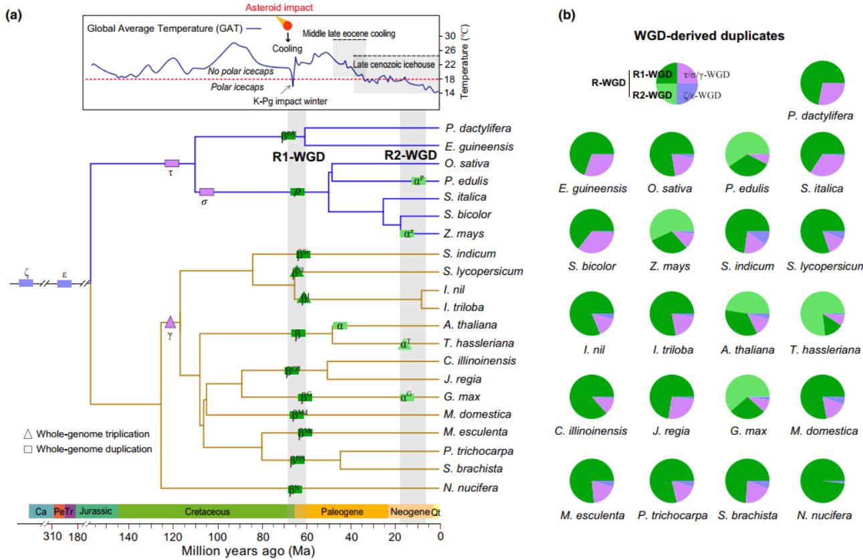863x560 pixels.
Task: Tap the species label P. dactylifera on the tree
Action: pos(475,128)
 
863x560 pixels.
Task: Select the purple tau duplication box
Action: pos(172,163)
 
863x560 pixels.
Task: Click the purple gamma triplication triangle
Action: pos(170,322)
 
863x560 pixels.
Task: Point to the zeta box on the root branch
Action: pos(26,283)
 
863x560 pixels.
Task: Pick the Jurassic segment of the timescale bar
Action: pos(98,511)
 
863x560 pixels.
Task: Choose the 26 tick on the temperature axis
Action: pos(449,50)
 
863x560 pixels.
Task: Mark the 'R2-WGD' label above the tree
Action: pos(412,155)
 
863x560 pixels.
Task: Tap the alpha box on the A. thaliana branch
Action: pos(340,325)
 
